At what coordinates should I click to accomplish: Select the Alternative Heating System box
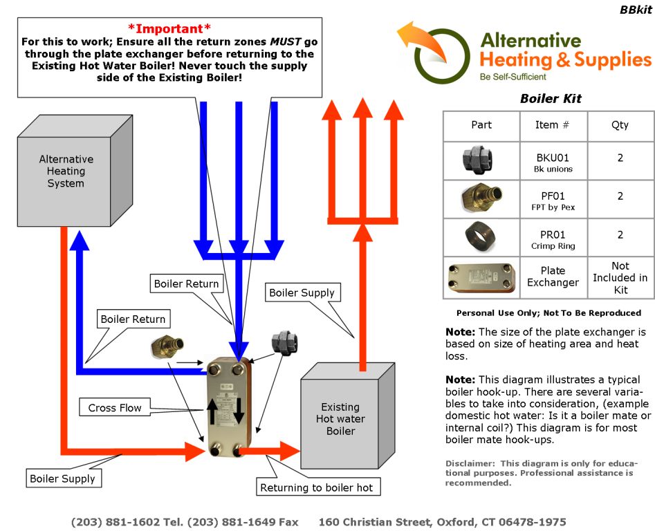click(65, 171)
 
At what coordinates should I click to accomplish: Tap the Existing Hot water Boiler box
click(340, 419)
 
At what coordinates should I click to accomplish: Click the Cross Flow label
click(114, 408)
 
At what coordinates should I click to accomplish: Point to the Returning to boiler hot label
click(316, 487)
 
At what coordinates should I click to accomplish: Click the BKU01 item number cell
click(553, 162)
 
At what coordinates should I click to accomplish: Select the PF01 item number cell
click(553, 201)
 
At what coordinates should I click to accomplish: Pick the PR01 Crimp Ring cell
click(553, 239)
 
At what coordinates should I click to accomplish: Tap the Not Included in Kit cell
click(620, 277)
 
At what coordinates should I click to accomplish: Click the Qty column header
click(620, 125)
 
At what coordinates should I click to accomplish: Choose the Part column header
click(481, 125)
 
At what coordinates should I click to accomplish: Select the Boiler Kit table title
click(551, 99)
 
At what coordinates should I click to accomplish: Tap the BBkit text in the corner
click(634, 10)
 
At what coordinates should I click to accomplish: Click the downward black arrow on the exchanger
click(239, 411)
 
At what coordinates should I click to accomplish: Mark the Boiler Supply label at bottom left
click(62, 478)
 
